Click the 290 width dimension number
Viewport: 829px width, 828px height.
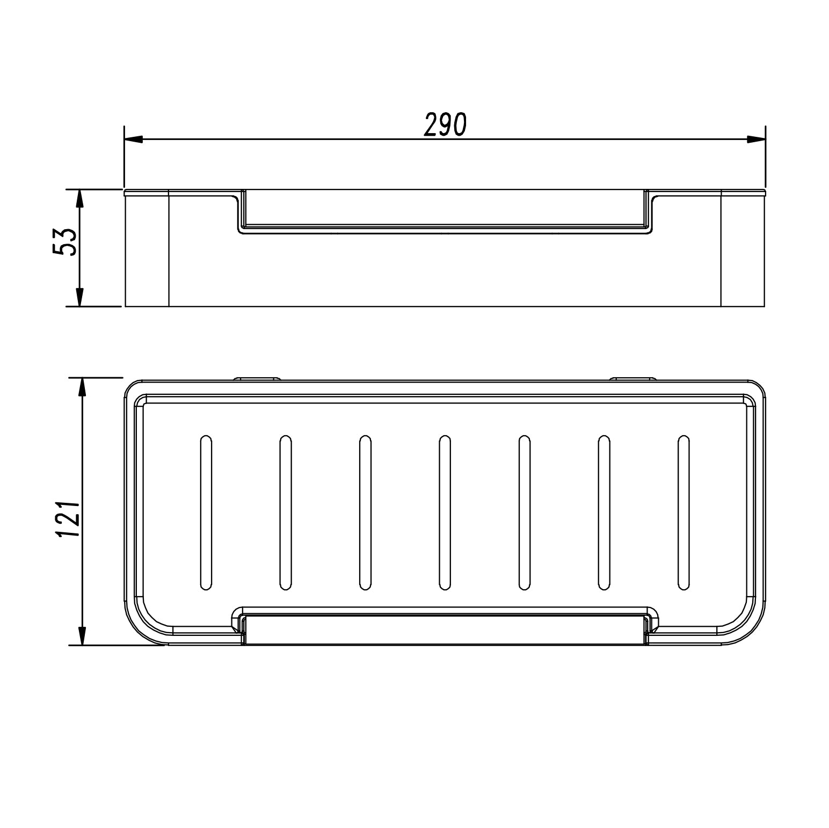pos(445,124)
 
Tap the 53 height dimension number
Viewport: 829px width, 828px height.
pos(65,242)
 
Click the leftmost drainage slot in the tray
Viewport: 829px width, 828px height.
pos(206,513)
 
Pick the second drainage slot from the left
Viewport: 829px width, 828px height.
pos(285,513)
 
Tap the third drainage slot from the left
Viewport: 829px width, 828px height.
pos(365,513)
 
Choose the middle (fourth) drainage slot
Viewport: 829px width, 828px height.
pos(444,513)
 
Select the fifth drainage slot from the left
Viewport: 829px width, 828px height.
pos(524,513)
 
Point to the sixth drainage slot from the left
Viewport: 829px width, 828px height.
pos(603,513)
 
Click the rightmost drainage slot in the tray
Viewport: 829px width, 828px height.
pos(683,513)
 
